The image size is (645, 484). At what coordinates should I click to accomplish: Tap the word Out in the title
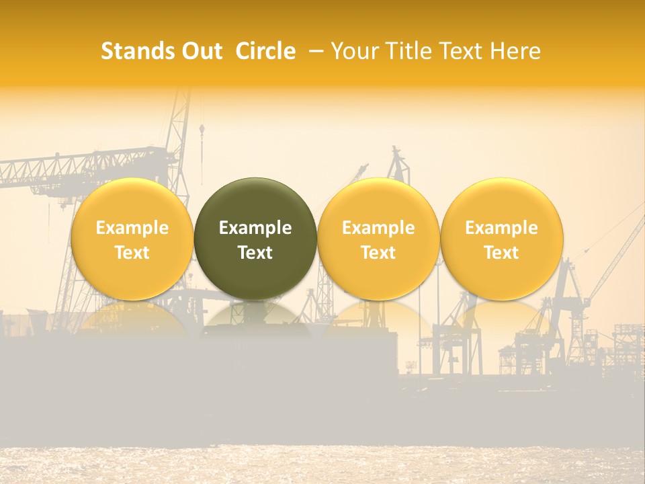click(200, 51)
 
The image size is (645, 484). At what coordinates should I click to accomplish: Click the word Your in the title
click(353, 51)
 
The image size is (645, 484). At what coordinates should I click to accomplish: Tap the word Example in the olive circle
click(255, 228)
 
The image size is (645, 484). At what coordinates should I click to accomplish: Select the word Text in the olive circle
click(255, 253)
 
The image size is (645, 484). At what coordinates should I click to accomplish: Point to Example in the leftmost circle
click(132, 228)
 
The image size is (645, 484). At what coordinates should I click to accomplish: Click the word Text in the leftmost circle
click(132, 253)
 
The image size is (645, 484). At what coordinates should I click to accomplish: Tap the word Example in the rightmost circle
click(502, 228)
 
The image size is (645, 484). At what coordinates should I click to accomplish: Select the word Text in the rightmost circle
click(502, 253)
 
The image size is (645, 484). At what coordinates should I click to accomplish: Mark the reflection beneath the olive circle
click(255, 316)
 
